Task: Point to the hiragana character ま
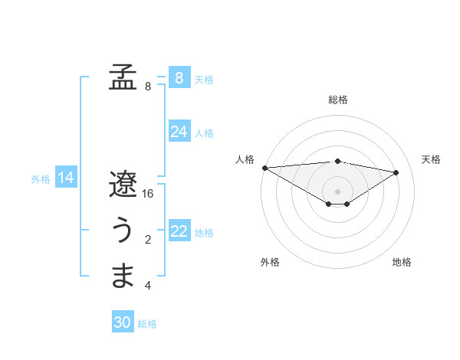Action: click(x=122, y=276)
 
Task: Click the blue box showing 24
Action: click(x=179, y=132)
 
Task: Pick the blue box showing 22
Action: click(x=179, y=231)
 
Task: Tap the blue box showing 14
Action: click(x=66, y=178)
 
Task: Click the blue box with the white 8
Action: click(x=179, y=78)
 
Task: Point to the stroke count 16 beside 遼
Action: click(x=148, y=194)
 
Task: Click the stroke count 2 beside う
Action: click(x=148, y=241)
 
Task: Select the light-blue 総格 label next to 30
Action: click(x=147, y=324)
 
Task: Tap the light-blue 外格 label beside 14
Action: click(x=41, y=179)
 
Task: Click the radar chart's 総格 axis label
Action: click(x=337, y=100)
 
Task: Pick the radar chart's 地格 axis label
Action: click(x=402, y=263)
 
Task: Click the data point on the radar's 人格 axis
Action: click(x=264, y=168)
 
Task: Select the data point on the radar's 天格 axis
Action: click(x=396, y=172)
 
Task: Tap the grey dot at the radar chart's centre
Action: click(x=337, y=191)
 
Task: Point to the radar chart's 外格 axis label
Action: click(x=269, y=263)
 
